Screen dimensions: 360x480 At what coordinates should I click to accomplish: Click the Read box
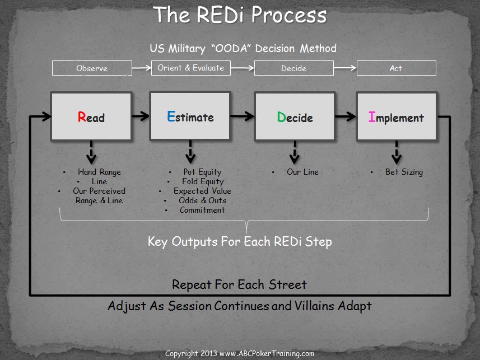tap(91, 116)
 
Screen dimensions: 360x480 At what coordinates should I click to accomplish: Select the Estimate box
tap(190, 116)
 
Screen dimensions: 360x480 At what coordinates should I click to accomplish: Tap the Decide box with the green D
tap(295, 116)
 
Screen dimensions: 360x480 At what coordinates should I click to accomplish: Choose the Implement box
tap(396, 116)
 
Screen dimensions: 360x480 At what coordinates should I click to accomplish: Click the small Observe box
tap(92, 68)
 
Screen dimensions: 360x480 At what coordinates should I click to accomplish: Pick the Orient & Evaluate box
tap(190, 68)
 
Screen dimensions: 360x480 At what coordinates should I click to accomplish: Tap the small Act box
tap(396, 68)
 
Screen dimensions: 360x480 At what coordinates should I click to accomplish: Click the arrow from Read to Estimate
tap(141, 116)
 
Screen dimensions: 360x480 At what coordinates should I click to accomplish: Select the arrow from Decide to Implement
tap(346, 116)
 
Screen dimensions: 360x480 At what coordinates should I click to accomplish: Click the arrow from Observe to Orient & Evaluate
tap(141, 68)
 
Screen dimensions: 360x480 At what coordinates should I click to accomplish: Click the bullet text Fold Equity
tap(202, 181)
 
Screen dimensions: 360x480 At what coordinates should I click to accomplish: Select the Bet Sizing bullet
tap(404, 172)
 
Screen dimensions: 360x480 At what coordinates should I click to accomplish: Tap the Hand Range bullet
tap(99, 172)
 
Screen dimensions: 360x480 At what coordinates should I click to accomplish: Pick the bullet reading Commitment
tap(202, 210)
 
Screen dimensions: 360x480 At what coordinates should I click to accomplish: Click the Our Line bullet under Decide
tap(302, 172)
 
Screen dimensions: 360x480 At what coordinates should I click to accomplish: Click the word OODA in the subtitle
tap(228, 48)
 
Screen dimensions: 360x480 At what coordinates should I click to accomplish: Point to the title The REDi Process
tap(240, 15)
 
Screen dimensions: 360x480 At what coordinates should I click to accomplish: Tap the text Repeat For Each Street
tap(239, 284)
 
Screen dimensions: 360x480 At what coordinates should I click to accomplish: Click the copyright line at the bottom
tap(240, 354)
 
